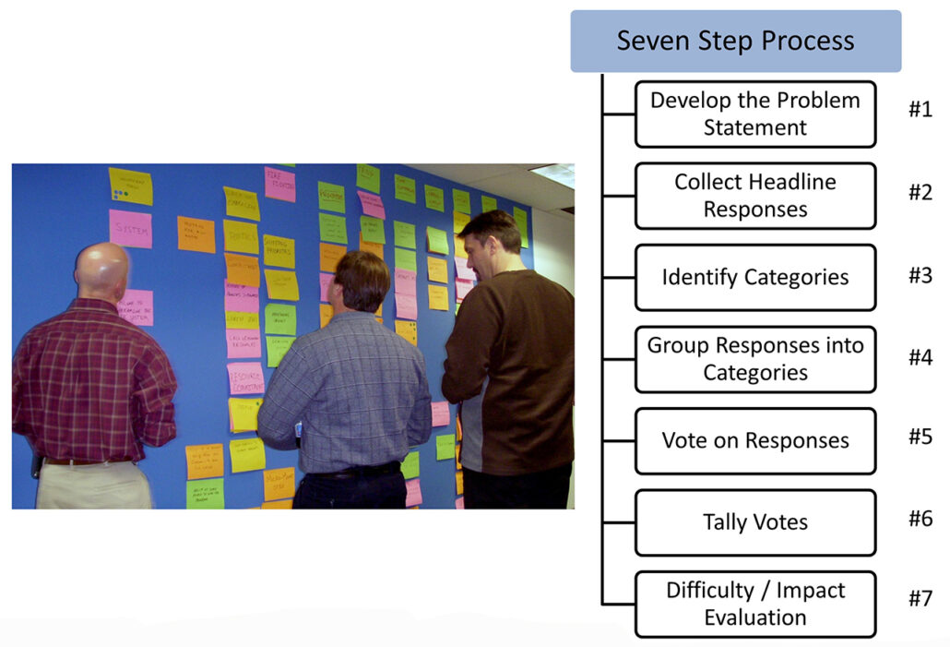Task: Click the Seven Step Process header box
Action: tap(735, 42)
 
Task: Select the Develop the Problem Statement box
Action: tap(754, 114)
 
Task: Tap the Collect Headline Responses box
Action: tap(754, 196)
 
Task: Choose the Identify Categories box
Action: tap(754, 277)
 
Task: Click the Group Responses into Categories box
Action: tap(754, 359)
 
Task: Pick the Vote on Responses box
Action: tap(754, 440)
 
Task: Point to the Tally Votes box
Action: tap(754, 522)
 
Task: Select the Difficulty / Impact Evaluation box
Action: tap(754, 604)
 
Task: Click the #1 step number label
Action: tap(920, 110)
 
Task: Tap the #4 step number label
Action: tap(920, 357)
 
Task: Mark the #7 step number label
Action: tap(920, 599)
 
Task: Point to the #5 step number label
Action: tap(920, 437)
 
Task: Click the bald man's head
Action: tap(101, 271)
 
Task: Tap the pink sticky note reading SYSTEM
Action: tap(130, 229)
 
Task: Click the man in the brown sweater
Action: tap(512, 360)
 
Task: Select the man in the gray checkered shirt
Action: tap(346, 388)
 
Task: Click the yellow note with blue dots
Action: tap(130, 186)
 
